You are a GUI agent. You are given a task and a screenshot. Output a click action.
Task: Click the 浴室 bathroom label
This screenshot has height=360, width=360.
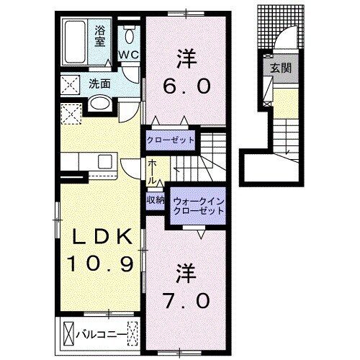(x=101, y=36)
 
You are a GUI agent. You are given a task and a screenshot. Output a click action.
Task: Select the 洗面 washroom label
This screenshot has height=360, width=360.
(x=99, y=84)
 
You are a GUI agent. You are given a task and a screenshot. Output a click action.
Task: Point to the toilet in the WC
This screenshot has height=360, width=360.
(x=129, y=34)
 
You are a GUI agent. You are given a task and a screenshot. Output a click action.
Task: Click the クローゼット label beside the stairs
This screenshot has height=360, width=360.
(x=170, y=139)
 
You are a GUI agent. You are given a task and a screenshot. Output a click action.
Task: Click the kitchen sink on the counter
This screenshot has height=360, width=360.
(x=104, y=161)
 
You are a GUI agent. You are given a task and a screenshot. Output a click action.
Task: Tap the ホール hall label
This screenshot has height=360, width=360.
(x=153, y=174)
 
